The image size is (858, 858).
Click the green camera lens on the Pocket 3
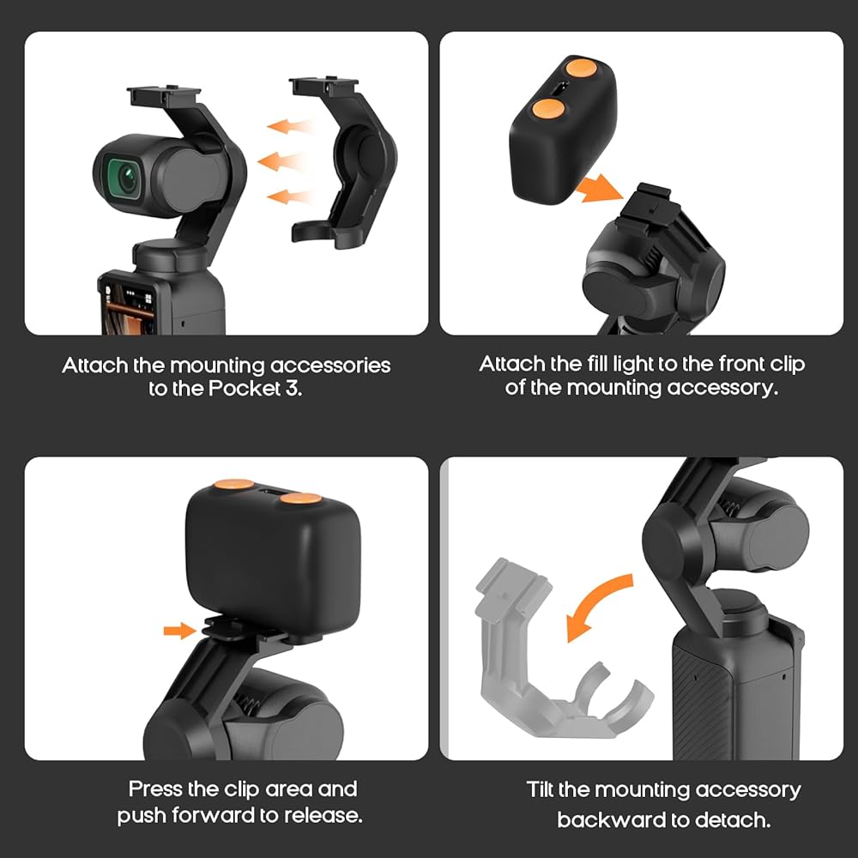pyautogui.click(x=124, y=178)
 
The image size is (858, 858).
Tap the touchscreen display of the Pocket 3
pyautogui.click(x=130, y=309)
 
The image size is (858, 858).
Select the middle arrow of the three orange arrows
pyautogui.click(x=281, y=161)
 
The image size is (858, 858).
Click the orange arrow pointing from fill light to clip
pyautogui.click(x=600, y=189)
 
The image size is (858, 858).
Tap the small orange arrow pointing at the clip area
pyautogui.click(x=179, y=631)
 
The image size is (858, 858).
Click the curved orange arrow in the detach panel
pyautogui.click(x=596, y=605)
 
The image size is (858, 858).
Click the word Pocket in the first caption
pyautogui.click(x=244, y=388)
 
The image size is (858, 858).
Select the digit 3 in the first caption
pyautogui.click(x=292, y=388)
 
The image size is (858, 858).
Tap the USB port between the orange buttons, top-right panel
pyautogui.click(x=559, y=88)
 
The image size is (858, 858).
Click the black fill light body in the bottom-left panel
pyautogui.click(x=273, y=564)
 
